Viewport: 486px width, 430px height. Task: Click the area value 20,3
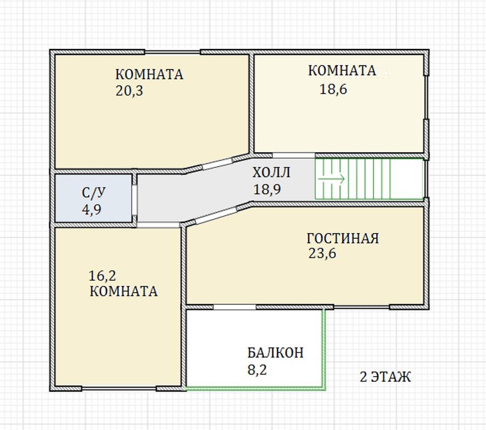pos(129,91)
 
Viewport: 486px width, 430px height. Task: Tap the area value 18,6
pos(333,89)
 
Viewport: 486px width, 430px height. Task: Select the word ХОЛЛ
pos(271,173)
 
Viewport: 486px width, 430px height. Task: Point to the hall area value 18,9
pos(267,190)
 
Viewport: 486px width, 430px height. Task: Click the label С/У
pos(94,193)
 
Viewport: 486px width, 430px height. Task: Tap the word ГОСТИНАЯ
pos(342,238)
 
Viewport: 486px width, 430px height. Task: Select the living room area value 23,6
pos(322,254)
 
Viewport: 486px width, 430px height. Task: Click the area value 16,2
pos(102,275)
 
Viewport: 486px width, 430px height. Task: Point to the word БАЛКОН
pos(275,353)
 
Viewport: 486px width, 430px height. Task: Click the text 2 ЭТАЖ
pos(385,377)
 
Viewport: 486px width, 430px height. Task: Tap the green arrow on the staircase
pos(331,179)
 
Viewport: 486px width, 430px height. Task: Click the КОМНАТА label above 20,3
pos(149,75)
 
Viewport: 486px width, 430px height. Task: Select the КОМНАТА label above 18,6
pos(342,70)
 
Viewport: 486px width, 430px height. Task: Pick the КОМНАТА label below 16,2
pos(123,291)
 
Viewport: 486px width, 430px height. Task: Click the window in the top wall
pos(172,52)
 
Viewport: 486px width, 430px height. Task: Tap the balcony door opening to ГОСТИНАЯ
pos(235,307)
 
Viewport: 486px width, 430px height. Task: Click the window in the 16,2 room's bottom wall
pos(119,388)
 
